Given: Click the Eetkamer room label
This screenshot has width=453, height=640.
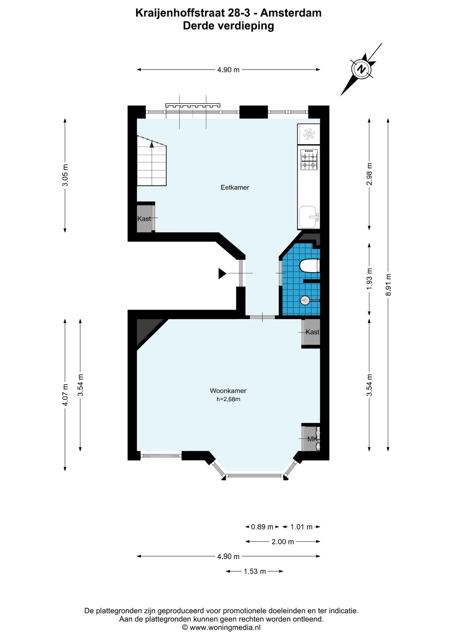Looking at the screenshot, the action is coord(235,187).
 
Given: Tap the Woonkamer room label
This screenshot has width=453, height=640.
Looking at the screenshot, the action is coord(228,391).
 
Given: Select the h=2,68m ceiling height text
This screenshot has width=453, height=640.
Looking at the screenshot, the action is coord(228,399).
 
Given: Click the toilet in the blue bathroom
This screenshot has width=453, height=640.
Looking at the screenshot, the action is coord(310,266).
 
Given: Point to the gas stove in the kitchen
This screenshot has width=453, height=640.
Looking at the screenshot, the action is coord(309,160).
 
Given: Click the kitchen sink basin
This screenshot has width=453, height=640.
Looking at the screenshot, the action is coord(308,217).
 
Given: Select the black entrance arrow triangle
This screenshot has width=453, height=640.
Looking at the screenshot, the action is coord(222,273).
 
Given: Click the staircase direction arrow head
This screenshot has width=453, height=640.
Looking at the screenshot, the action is coord(152,144).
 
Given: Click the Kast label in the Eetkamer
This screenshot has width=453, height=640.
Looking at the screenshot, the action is coord(144,219).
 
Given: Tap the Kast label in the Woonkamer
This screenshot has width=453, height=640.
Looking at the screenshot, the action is coord(313,332).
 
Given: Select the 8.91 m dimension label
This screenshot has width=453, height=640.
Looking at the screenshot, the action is coord(388,285).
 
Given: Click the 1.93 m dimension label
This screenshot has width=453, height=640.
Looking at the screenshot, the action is coord(369,279).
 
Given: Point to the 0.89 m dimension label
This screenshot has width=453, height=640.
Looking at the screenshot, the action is coord(262,527).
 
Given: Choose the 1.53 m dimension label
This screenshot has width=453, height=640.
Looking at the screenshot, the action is coord(255,571).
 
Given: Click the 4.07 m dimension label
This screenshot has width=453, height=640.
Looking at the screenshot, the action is coord(65,395).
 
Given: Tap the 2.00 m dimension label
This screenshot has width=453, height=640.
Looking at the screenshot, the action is coord(283,542).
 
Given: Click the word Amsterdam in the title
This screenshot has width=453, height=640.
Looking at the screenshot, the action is coord(291,13).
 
